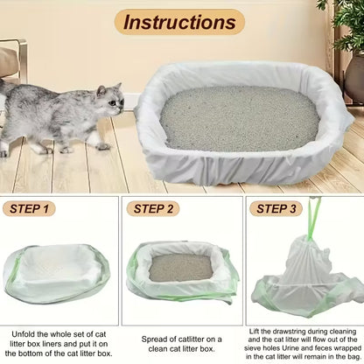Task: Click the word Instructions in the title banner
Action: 179,22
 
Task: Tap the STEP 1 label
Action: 29,209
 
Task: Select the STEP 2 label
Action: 153,209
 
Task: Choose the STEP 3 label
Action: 276,209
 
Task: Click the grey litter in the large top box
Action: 239,118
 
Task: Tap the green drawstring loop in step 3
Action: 314,215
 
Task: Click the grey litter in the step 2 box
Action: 181,268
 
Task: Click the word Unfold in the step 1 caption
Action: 23,334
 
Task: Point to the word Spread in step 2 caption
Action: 153,339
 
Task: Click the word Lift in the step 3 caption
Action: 254,332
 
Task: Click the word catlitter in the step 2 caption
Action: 192,339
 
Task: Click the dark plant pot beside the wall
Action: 355,78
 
